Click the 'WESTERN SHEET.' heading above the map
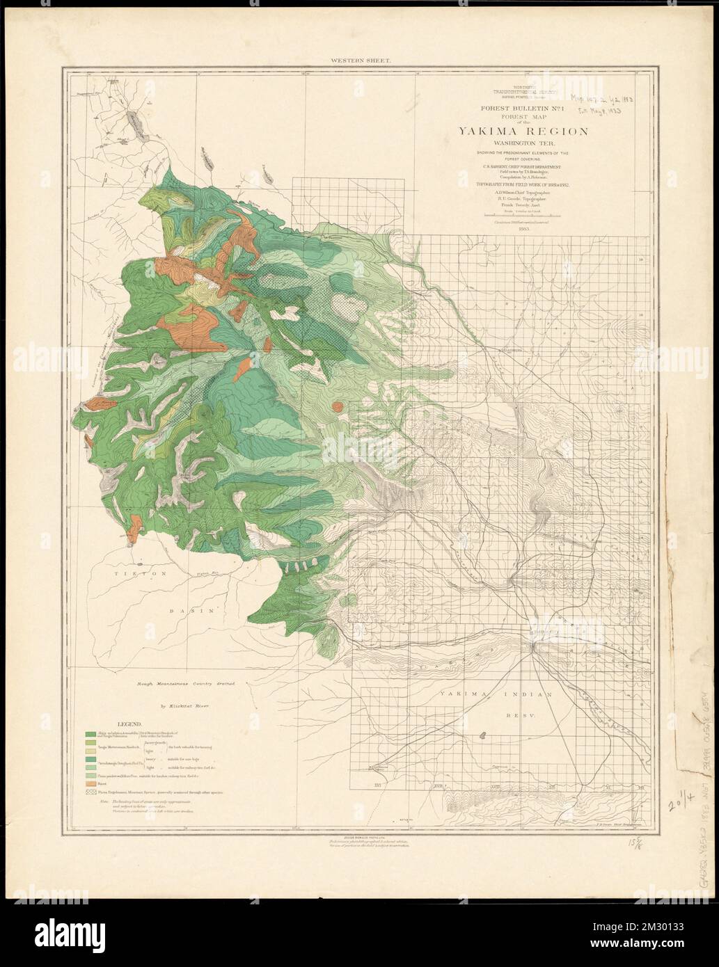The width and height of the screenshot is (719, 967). (361, 61)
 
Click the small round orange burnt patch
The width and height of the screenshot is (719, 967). (337, 406)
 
